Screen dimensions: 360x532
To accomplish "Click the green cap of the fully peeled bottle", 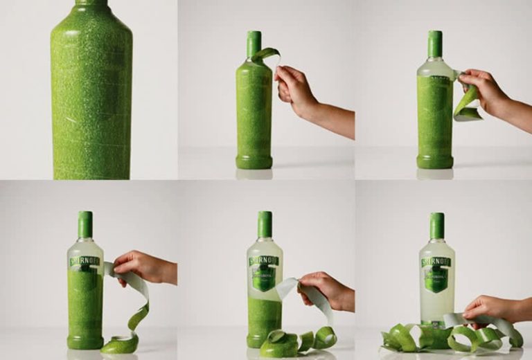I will (436, 226).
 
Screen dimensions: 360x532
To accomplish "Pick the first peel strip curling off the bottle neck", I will (266, 54).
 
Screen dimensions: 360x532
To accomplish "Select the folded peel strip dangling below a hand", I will (467, 104).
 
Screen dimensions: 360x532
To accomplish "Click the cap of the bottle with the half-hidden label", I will (85, 224).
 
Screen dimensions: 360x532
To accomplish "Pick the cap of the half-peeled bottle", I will (265, 224).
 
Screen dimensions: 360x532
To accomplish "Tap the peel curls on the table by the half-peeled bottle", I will (298, 341).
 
